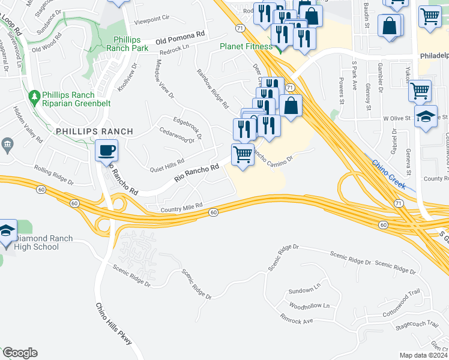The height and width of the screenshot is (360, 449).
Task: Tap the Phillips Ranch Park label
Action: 127,43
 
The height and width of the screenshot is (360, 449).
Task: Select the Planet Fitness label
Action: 246,46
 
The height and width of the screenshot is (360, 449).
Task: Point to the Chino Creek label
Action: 388,174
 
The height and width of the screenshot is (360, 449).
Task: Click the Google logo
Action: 20,353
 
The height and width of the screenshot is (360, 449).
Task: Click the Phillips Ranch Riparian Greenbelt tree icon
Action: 34,96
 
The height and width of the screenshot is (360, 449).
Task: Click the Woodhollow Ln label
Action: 309,305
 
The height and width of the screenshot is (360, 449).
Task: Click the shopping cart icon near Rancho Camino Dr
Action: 243,154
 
